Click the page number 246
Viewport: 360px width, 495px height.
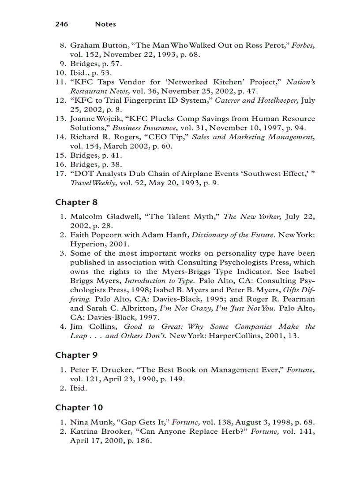tap(61, 24)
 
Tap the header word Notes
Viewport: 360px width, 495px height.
tap(105, 24)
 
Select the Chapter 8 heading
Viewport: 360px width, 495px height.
tap(76, 202)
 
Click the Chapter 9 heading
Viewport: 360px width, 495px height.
tap(76, 355)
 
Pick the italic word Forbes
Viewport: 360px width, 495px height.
tap(303, 45)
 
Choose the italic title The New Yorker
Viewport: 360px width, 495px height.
tap(252, 216)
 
